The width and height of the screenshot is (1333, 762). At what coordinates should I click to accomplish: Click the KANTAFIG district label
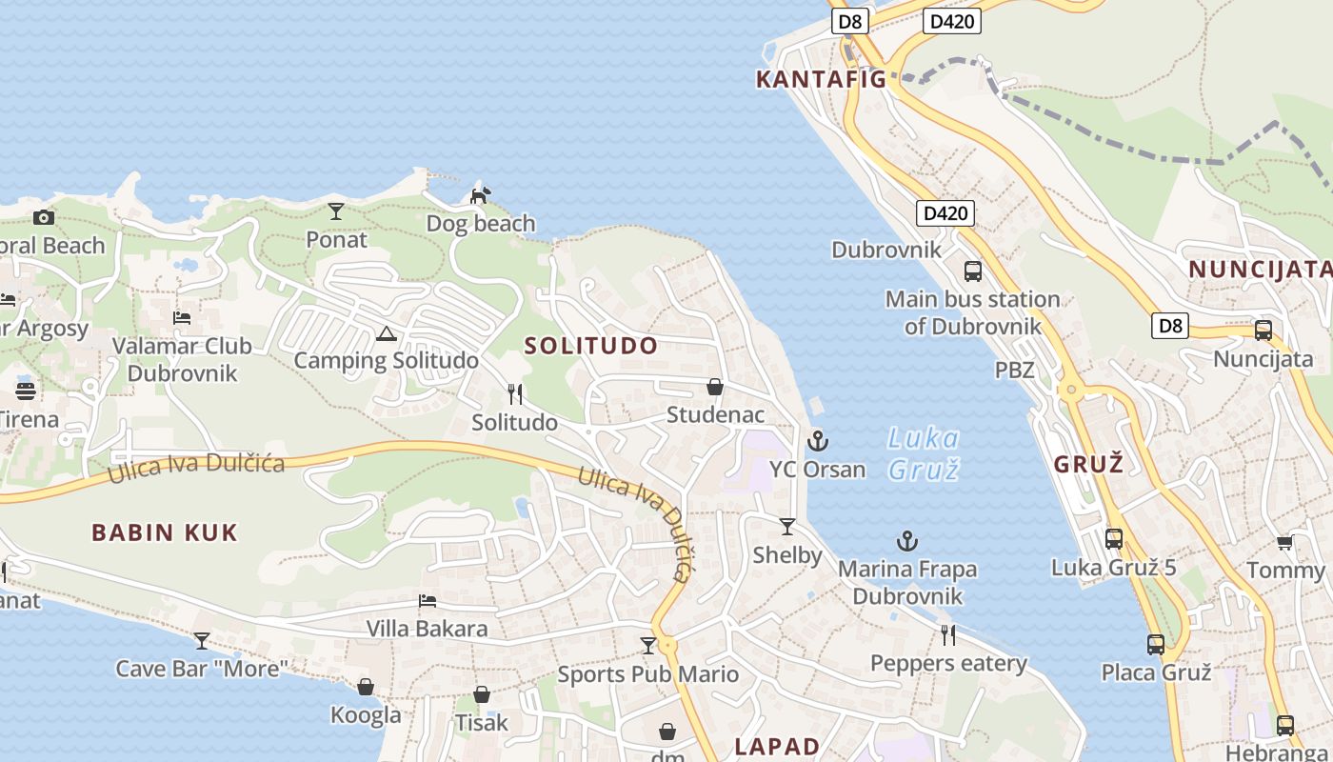tap(821, 79)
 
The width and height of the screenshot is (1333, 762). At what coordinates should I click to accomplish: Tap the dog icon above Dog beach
tap(481, 195)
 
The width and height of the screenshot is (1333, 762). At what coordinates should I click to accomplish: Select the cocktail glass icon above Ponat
tap(336, 211)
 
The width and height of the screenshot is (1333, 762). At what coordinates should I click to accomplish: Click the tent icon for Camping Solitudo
tap(386, 333)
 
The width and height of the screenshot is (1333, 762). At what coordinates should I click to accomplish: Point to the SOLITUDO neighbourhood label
tap(591, 346)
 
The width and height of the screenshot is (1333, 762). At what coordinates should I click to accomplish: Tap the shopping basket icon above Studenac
tap(715, 387)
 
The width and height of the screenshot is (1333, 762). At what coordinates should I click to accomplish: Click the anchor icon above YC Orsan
tap(817, 441)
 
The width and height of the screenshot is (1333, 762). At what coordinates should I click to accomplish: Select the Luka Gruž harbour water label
tap(923, 453)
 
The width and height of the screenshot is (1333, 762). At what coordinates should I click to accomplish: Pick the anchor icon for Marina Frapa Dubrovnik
tap(907, 541)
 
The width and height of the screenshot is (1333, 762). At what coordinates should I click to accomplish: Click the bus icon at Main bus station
tap(972, 271)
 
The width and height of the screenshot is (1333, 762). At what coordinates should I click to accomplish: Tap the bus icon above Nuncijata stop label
tap(1263, 331)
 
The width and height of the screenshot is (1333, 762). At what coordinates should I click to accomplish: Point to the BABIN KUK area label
tap(165, 532)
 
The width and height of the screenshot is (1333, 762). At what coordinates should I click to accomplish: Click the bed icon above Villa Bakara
tap(428, 601)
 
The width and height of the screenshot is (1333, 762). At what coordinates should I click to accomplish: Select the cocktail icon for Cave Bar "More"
tap(202, 640)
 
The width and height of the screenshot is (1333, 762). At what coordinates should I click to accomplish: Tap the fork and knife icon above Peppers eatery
tap(948, 634)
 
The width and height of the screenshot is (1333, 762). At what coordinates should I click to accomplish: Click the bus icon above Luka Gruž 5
tap(1114, 539)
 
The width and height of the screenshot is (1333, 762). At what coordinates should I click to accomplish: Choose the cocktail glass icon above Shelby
tap(787, 527)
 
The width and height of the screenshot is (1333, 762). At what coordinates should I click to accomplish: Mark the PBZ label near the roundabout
tap(1014, 370)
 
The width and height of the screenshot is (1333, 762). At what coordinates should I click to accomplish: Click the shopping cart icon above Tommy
tap(1284, 542)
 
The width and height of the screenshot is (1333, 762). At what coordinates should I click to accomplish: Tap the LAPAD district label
tap(777, 746)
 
